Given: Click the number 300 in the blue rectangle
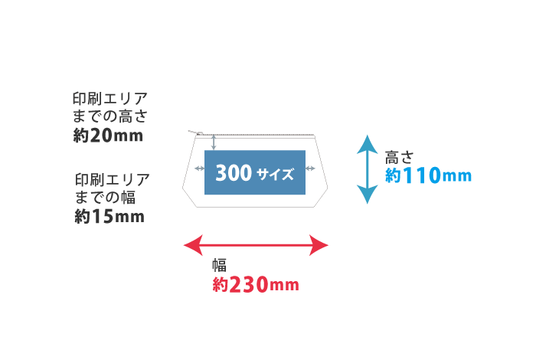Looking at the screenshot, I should click(x=234, y=173).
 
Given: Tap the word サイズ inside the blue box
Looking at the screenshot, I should click(x=276, y=175).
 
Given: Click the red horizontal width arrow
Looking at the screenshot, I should click(x=257, y=245).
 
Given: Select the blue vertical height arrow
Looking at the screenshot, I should click(x=368, y=169).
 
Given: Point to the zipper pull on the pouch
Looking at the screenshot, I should click(x=197, y=133).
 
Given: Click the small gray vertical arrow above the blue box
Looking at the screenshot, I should click(x=214, y=142).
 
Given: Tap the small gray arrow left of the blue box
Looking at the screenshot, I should click(x=199, y=168).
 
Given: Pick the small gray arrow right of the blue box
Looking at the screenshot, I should click(x=310, y=168).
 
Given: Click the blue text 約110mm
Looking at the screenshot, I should click(x=428, y=176).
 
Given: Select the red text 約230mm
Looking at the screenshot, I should click(x=255, y=286).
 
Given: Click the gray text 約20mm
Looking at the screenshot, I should click(x=107, y=136).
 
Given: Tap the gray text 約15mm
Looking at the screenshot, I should click(x=109, y=217).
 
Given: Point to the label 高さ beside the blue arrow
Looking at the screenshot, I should click(x=399, y=158).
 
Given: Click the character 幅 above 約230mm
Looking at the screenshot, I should click(x=220, y=266).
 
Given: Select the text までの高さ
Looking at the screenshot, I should click(x=107, y=117).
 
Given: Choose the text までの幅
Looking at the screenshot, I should click(x=104, y=198).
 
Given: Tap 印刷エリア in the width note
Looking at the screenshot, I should click(x=112, y=181).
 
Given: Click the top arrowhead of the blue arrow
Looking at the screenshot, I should click(x=368, y=142).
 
